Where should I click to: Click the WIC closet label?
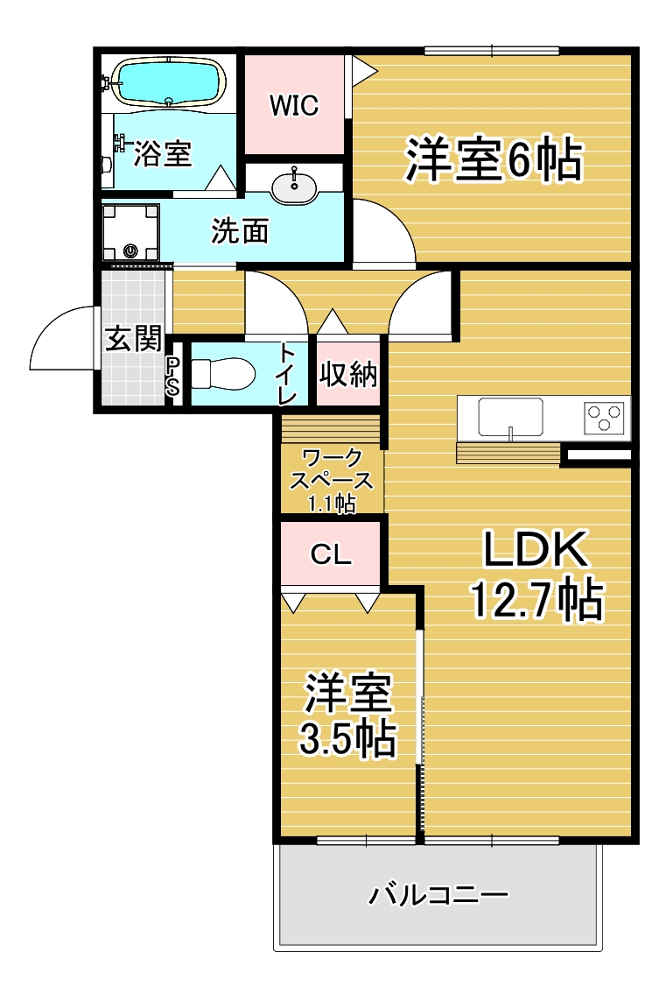(x=294, y=105)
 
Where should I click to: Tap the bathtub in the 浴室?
(x=169, y=82)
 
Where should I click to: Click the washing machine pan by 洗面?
(x=130, y=232)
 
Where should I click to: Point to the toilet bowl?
(x=222, y=374)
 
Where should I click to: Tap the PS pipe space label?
(x=172, y=376)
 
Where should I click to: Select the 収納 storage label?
(x=348, y=374)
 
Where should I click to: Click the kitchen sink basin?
(x=510, y=417)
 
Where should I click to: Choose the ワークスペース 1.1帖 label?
(x=332, y=480)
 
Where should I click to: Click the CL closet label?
(x=331, y=554)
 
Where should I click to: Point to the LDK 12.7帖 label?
(x=536, y=575)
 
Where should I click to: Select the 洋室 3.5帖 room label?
(x=348, y=716)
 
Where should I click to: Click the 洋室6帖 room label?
(x=494, y=159)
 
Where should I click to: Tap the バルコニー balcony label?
(x=438, y=895)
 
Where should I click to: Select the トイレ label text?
(x=286, y=374)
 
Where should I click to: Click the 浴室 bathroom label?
(x=162, y=153)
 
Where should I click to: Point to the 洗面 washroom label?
(x=240, y=230)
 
